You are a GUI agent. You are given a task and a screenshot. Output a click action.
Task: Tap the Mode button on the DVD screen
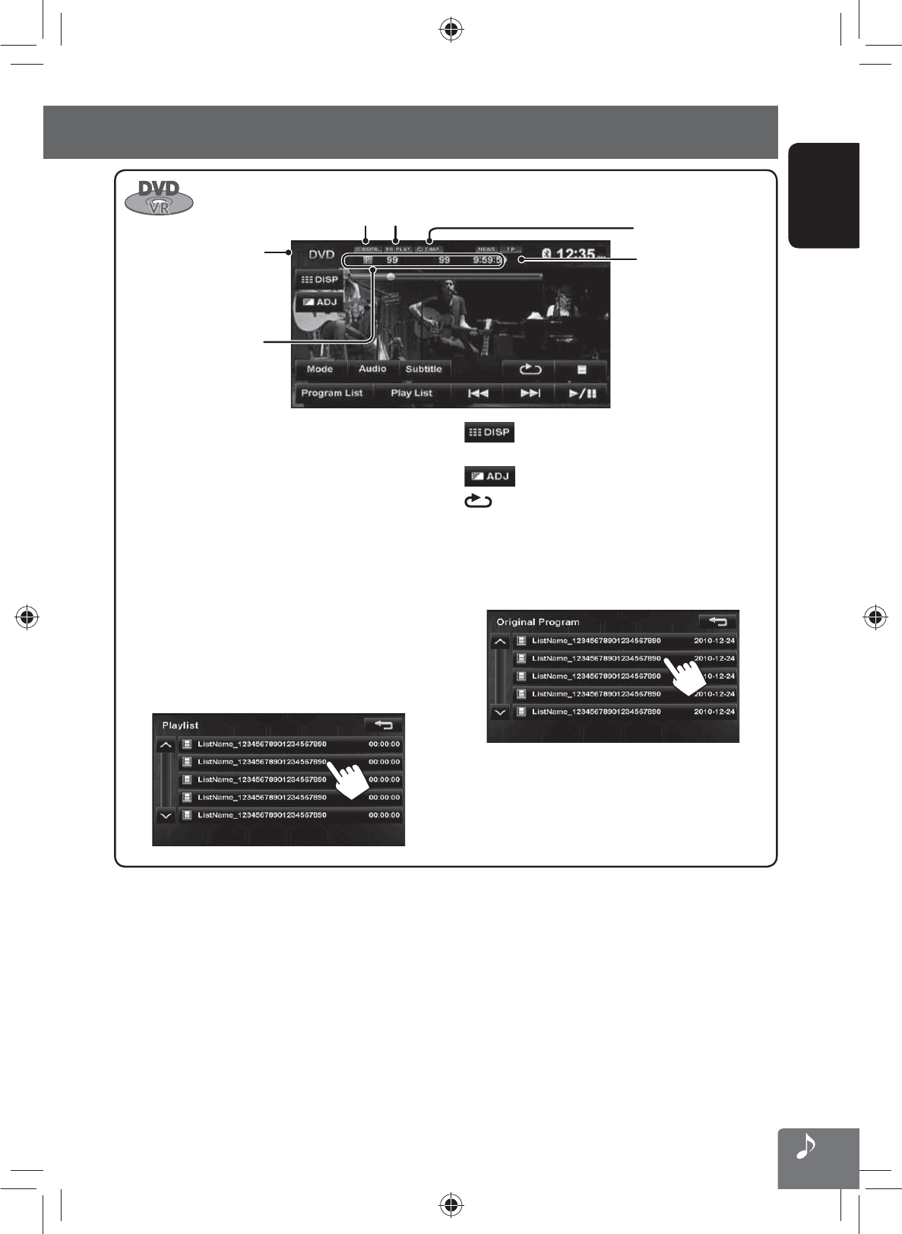(319, 370)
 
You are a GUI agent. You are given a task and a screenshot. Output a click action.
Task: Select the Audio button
(372, 370)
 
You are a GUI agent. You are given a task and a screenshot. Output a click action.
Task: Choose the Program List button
(331, 393)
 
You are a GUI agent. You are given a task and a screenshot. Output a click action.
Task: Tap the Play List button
(411, 393)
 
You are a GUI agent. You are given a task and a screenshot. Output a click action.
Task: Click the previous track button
(477, 393)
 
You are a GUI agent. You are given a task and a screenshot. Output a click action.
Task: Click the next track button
(530, 393)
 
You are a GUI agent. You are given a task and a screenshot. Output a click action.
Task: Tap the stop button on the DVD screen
(581, 370)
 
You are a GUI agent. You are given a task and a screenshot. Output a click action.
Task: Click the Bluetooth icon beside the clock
(546, 253)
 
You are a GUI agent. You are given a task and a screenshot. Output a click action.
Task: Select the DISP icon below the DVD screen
(489, 432)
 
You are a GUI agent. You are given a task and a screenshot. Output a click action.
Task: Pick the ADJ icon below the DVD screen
(489, 476)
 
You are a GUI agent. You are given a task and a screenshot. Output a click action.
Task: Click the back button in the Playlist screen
(384, 725)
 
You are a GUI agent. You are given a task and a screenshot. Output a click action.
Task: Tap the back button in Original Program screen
(717, 621)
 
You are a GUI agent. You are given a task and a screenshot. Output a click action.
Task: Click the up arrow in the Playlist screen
(166, 745)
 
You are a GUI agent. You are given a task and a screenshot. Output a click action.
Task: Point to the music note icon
(806, 1147)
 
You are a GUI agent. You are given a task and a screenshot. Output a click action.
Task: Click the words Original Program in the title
(538, 622)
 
